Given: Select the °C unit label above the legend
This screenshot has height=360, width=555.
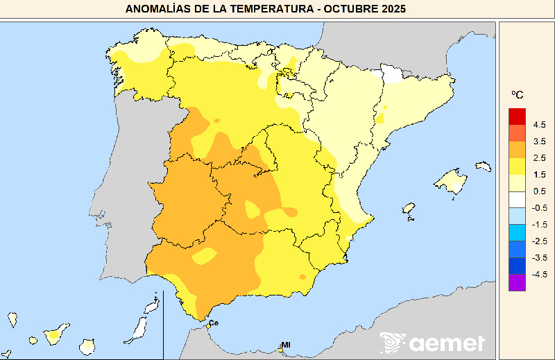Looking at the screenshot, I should (x=518, y=94).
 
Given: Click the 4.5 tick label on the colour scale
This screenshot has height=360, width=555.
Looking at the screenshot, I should (x=539, y=125).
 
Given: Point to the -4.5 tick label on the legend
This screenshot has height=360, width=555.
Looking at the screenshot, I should (x=539, y=274).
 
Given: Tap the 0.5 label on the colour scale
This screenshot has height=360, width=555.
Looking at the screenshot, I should (x=539, y=191).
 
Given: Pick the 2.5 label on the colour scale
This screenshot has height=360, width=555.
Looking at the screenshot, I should (x=539, y=158).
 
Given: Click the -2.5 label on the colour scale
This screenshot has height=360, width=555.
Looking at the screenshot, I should (x=539, y=241).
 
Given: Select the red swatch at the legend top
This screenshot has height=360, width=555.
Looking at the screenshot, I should (x=518, y=117).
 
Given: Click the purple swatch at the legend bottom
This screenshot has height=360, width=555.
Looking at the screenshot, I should (x=518, y=283).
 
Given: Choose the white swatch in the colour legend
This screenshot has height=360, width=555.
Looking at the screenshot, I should (x=518, y=200).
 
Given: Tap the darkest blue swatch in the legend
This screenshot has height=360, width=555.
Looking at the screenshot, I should (x=518, y=266).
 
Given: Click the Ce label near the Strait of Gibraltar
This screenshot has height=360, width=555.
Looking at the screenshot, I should (x=214, y=323).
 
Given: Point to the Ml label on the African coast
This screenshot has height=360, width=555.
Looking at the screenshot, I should (x=285, y=345).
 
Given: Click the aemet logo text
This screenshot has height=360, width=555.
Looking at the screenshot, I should (x=447, y=343).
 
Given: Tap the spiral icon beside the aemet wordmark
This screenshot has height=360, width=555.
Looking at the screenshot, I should (x=393, y=343).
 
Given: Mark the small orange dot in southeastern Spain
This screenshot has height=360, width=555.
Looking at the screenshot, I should (x=302, y=277).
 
